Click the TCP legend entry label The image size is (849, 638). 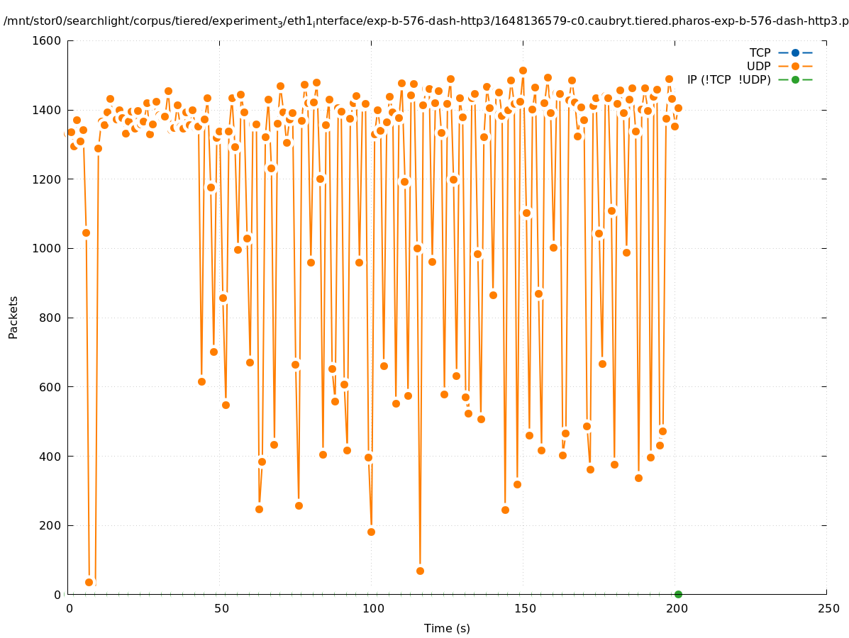[x=760, y=52]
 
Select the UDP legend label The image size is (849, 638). [x=758, y=66]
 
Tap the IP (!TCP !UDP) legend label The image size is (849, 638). [x=728, y=79]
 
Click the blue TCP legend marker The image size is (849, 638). [x=795, y=52]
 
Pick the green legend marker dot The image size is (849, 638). [x=795, y=79]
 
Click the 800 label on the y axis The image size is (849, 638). [x=51, y=318]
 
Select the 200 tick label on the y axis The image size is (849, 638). [x=51, y=525]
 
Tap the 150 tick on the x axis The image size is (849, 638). [x=523, y=609]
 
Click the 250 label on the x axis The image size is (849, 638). [x=826, y=609]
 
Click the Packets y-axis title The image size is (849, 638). [x=13, y=317]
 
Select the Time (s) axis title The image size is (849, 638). [x=447, y=628]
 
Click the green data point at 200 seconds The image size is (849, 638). [x=678, y=594]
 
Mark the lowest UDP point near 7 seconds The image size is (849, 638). [x=89, y=582]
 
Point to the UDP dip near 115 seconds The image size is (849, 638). [x=420, y=571]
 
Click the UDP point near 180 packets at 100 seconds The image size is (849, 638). [x=371, y=532]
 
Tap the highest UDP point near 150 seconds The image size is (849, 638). [x=523, y=70]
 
